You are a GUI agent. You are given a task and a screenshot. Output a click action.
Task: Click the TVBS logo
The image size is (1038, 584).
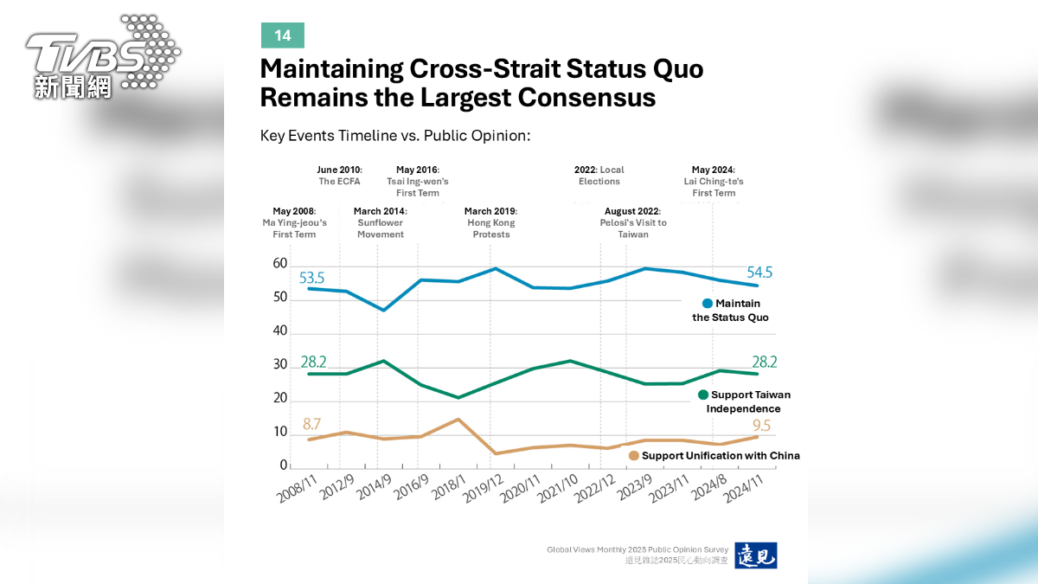[103, 56]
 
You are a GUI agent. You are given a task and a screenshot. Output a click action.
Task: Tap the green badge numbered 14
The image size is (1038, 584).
[283, 35]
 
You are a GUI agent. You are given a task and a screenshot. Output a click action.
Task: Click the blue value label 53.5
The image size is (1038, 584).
[311, 278]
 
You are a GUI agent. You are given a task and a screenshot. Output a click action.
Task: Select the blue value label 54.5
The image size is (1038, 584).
[759, 272]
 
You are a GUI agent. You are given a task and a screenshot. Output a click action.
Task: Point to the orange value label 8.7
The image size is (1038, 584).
[312, 424]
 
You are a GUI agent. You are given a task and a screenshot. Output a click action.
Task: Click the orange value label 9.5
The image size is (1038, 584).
[761, 425]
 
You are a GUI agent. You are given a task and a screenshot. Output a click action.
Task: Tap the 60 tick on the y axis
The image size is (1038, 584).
[280, 263]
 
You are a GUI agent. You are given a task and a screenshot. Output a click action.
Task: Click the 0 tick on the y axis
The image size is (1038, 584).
[284, 465]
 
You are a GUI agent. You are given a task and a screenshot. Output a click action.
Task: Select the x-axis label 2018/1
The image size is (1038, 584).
[448, 488]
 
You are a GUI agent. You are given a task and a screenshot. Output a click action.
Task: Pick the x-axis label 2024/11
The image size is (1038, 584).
[743, 489]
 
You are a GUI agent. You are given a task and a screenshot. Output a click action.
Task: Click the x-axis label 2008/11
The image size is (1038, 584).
[297, 489]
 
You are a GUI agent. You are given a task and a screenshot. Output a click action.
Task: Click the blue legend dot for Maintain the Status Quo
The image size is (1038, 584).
[708, 304]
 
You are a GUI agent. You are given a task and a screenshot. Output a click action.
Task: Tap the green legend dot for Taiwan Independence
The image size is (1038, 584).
[703, 395]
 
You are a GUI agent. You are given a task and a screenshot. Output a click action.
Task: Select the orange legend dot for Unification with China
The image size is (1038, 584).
[634, 456]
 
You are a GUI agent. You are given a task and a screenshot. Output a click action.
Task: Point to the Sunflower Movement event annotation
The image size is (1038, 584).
[381, 222]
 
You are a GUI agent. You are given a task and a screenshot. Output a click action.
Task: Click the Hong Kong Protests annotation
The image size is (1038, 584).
[490, 222]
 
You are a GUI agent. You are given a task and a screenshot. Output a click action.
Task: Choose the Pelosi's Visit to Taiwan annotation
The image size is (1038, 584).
[633, 222]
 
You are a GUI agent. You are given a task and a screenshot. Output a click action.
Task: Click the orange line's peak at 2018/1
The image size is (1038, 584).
[458, 420]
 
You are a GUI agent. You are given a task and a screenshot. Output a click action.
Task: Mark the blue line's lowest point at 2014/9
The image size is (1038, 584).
[384, 310]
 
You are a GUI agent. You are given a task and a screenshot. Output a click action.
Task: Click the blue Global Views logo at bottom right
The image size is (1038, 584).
[756, 555]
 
